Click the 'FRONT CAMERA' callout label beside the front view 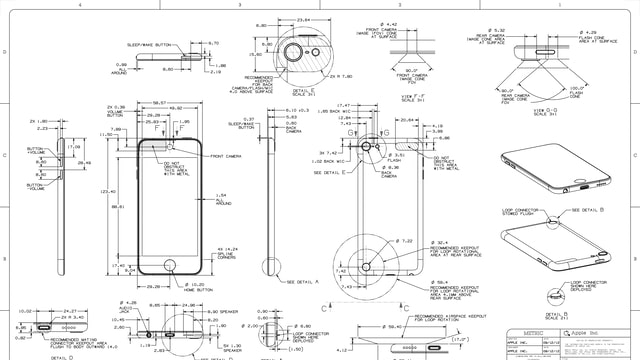[x=226, y=157]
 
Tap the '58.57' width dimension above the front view [x=159, y=102]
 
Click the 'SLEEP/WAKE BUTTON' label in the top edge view [x=150, y=46]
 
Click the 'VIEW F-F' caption [x=408, y=96]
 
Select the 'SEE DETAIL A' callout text [x=303, y=282]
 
